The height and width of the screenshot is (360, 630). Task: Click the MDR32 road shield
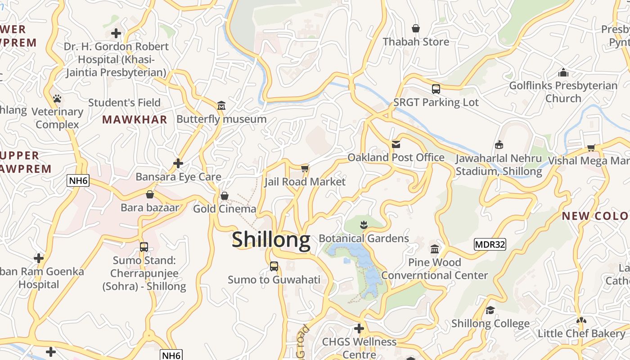tap(490, 244)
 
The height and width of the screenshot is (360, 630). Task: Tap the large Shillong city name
tap(271, 239)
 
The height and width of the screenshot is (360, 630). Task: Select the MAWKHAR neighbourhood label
tap(135, 120)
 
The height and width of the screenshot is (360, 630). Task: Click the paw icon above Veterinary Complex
tap(57, 99)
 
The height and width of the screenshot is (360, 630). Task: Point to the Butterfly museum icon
tap(221, 106)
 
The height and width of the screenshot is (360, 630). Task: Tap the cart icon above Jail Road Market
tap(305, 168)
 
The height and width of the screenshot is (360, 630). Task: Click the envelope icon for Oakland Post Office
tap(396, 144)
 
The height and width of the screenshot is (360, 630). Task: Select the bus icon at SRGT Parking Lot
tap(436, 89)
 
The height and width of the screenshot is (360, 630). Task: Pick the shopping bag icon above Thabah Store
tap(416, 28)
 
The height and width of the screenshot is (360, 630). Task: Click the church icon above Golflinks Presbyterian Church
tap(563, 72)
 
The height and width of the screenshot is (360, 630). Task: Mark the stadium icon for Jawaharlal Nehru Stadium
tap(499, 145)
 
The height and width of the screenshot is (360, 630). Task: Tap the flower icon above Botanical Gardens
tap(364, 225)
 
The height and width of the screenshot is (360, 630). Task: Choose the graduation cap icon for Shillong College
tap(490, 310)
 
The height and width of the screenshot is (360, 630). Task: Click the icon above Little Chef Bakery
tap(581, 320)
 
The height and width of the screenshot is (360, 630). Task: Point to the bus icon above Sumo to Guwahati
tap(274, 266)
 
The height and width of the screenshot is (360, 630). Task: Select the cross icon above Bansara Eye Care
tap(178, 163)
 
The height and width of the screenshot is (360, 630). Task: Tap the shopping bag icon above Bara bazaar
tap(150, 194)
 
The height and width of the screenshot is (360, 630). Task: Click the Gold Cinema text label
tap(225, 209)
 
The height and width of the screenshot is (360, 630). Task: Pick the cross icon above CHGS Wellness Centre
tap(359, 328)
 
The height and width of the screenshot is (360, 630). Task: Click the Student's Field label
tap(124, 103)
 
